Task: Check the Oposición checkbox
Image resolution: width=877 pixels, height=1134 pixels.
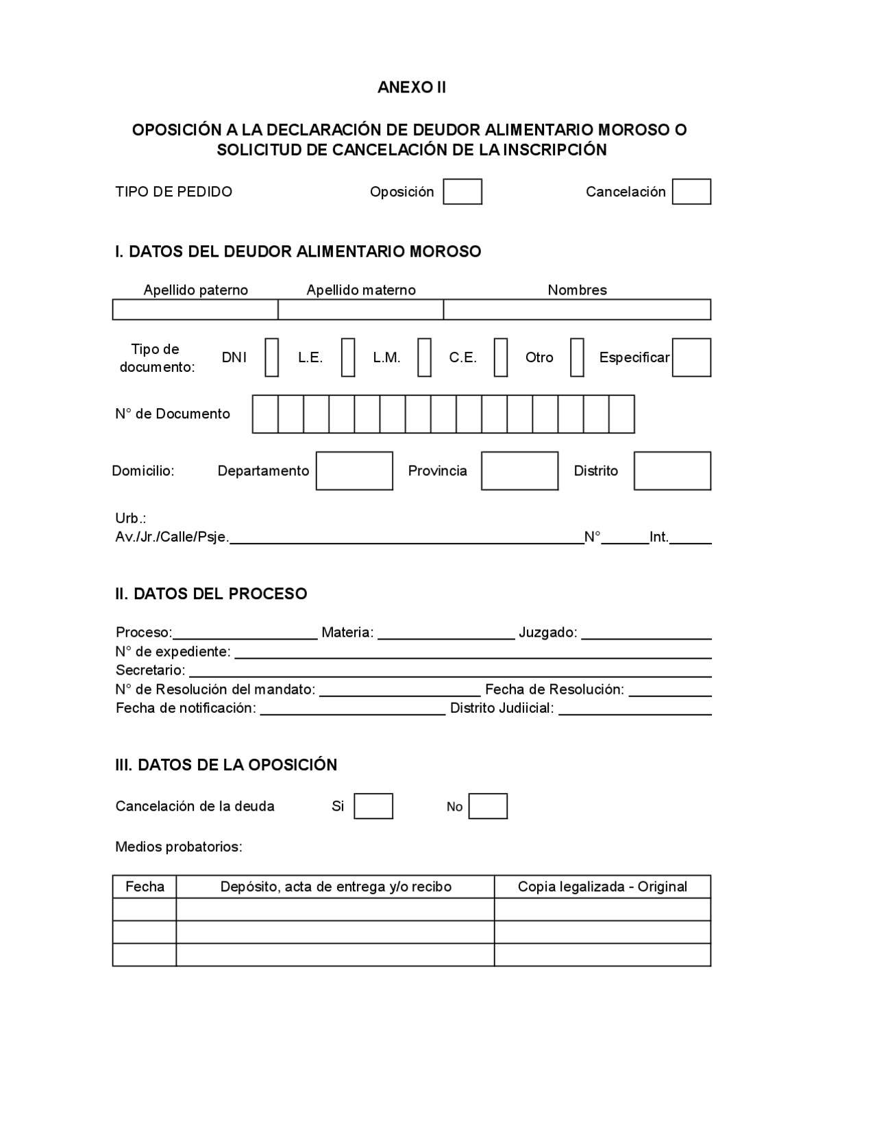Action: coord(462,192)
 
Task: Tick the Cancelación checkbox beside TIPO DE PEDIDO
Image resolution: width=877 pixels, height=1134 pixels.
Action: coord(691,192)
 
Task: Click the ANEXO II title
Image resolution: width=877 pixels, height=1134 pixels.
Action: coord(412,88)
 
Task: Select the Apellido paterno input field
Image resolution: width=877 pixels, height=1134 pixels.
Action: coord(195,310)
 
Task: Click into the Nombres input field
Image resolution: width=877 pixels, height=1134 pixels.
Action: coord(577,310)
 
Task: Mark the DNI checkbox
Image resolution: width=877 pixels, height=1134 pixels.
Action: coord(272,357)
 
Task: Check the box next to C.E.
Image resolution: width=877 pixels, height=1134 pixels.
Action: coord(501,357)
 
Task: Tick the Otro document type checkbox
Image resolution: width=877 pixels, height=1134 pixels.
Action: coord(577,357)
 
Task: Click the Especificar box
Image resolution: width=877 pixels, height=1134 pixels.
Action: coord(691,357)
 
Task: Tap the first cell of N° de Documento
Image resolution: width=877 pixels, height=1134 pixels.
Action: coord(265,414)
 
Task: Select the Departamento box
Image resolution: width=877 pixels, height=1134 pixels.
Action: coord(354,471)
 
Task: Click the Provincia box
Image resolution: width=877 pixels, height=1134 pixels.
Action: coord(519,471)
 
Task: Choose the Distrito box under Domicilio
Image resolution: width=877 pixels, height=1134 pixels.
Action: coord(672,471)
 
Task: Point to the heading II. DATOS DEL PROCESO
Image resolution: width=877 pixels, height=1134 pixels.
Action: coord(211,594)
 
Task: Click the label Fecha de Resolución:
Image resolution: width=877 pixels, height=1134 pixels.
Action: coord(554,690)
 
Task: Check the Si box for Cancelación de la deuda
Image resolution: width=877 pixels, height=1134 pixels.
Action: coord(373,807)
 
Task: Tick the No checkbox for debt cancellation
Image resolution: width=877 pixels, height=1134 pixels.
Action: coord(488,807)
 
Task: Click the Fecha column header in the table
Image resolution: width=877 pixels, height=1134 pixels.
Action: coord(145,887)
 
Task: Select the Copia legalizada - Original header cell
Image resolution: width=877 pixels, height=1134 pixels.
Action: coord(602,887)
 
